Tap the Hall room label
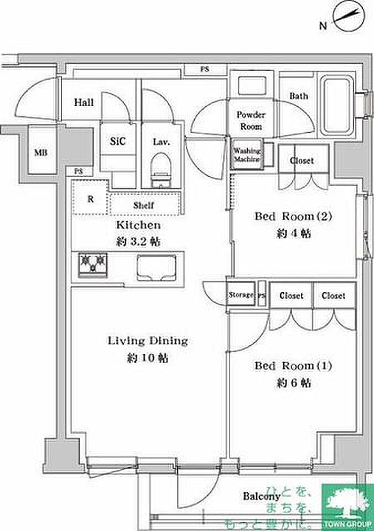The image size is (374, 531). (84, 103)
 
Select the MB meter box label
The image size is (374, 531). (40, 153)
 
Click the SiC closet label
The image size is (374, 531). (118, 142)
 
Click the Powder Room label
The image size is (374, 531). (251, 120)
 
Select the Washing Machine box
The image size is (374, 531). (247, 155)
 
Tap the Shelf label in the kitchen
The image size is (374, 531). (143, 205)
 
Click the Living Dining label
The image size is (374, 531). (148, 340)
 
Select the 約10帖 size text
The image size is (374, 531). (148, 358)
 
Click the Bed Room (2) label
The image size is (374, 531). (293, 216)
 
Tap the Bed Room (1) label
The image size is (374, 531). (293, 366)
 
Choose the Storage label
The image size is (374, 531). (241, 295)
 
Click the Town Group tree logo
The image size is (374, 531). (347, 501)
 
